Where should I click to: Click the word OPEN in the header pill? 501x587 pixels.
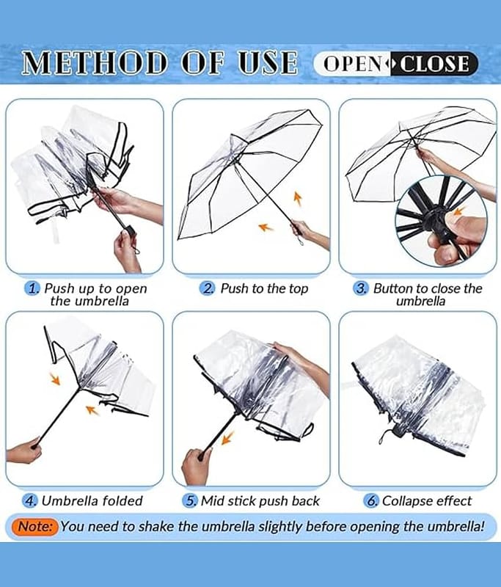tap(353, 64)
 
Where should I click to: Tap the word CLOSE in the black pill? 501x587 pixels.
tap(434, 64)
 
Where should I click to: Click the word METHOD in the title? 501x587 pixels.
tap(94, 63)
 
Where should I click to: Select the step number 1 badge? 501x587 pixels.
tap(32, 288)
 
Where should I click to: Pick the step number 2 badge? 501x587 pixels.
tap(208, 288)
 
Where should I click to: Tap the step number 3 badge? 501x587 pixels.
tap(361, 288)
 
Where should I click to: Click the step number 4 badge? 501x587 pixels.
tap(30, 501)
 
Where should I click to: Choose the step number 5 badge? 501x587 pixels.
tap(190, 501)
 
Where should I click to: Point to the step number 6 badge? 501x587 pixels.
tap(370, 501)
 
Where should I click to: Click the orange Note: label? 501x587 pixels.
tap(34, 526)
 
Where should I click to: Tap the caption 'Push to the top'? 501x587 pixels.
tap(264, 288)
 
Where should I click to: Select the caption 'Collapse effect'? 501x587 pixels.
tap(426, 501)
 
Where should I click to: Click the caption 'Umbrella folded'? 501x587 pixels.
tap(92, 501)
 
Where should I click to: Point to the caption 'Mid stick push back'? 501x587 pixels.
tap(260, 501)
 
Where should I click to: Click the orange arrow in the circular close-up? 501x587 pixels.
tap(458, 212)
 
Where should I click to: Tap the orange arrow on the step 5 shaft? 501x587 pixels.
tap(227, 437)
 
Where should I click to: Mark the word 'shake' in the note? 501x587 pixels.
tap(158, 526)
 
